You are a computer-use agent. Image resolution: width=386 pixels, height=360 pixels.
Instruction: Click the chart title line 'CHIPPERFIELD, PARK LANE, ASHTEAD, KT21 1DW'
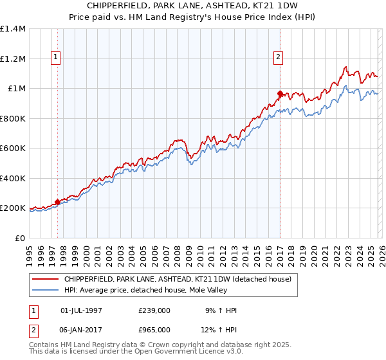pyautogui.click(x=193, y=6)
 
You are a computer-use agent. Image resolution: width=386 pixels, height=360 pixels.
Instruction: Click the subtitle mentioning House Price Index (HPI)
pyautogui.click(x=193, y=17)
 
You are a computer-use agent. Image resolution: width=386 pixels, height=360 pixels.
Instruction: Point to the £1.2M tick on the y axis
pyautogui.click(x=12, y=59)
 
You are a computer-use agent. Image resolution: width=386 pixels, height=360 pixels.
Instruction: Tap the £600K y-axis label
pyautogui.click(x=12, y=148)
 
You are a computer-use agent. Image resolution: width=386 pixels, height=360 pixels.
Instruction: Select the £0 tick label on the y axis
pyautogui.click(x=19, y=238)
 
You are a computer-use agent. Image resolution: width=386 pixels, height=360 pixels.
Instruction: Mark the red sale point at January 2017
pyautogui.click(x=280, y=94)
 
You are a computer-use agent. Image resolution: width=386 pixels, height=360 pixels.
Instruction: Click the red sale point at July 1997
pyautogui.click(x=57, y=202)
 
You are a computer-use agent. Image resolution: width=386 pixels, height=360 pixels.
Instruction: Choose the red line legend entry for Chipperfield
pyautogui.click(x=177, y=279)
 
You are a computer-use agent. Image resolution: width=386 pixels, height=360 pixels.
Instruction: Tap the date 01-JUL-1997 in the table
pyautogui.click(x=81, y=310)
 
